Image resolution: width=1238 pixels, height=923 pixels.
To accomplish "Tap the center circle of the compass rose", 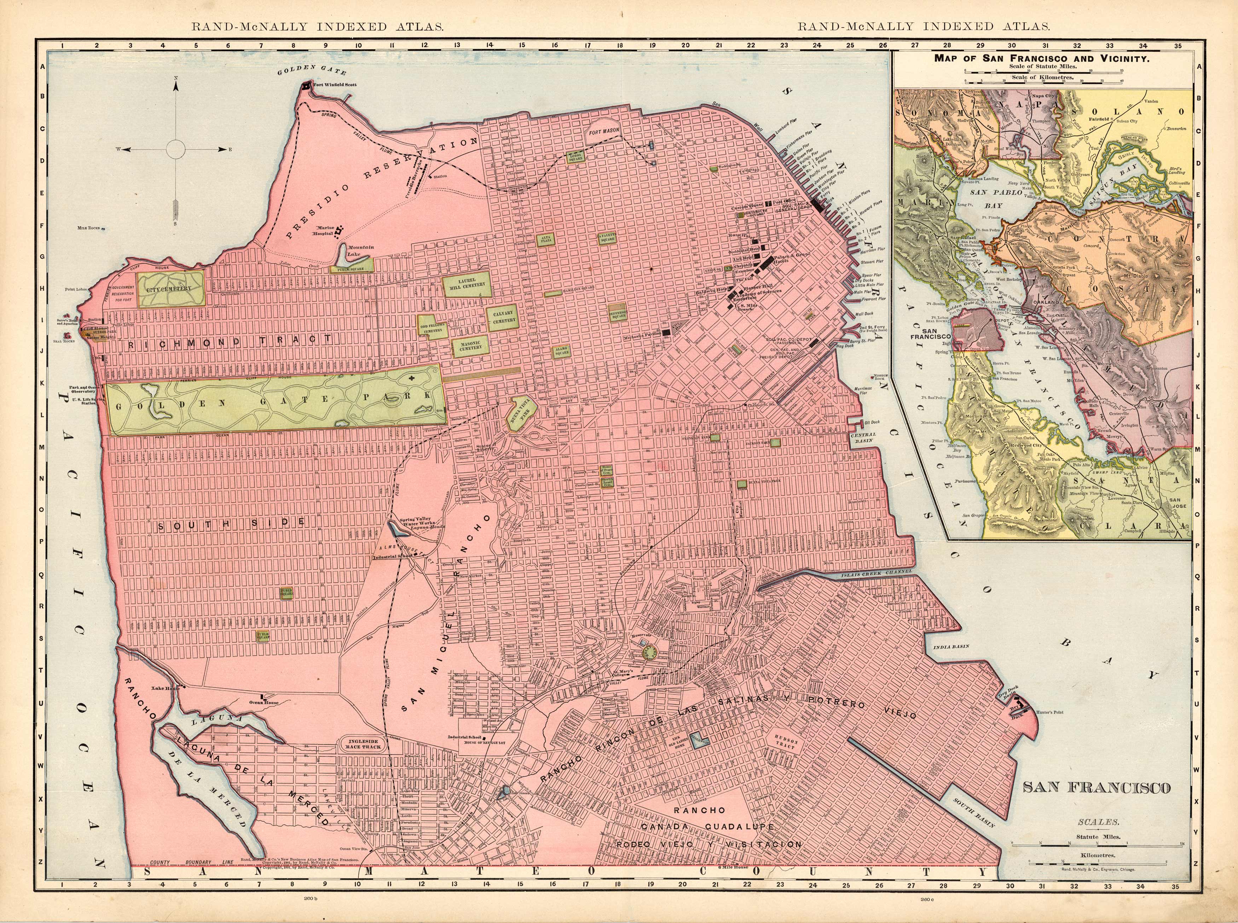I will [x=175, y=149].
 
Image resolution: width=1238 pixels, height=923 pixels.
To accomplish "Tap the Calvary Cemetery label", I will [x=504, y=317].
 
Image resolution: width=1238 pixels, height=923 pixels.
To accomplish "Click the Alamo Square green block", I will [x=561, y=351].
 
